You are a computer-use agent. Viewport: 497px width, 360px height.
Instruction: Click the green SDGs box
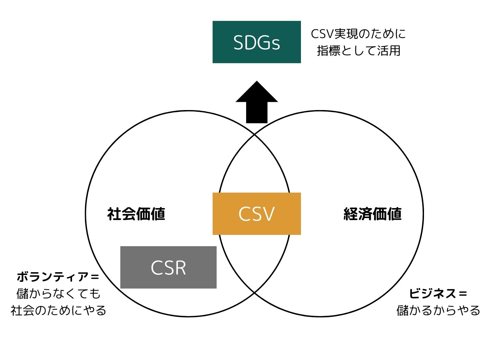click(256, 42)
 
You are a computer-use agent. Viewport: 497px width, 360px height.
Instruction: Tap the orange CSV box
click(256, 214)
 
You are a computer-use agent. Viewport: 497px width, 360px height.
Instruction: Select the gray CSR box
click(168, 267)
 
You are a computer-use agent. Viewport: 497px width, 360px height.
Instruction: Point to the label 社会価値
click(136, 214)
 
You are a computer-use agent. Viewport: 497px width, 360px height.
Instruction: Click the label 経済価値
click(373, 214)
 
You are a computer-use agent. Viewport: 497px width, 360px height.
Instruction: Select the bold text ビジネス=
click(438, 293)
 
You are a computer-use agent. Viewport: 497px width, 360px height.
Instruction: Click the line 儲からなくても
click(58, 293)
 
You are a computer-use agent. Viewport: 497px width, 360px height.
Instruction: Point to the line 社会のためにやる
click(58, 310)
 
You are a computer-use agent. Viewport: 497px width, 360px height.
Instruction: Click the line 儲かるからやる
click(438, 310)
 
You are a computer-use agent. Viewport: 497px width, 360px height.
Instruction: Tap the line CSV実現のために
click(358, 34)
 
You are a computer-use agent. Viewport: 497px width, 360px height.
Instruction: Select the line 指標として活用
click(359, 51)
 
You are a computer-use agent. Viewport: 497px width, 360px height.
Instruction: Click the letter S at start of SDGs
click(239, 43)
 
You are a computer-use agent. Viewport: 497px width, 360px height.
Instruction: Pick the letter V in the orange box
click(267, 214)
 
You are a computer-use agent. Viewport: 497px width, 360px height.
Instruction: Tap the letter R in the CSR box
click(180, 268)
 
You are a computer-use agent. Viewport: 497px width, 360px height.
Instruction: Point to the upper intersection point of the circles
click(254, 135)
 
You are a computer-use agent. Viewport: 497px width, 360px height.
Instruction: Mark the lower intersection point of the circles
click(254, 293)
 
